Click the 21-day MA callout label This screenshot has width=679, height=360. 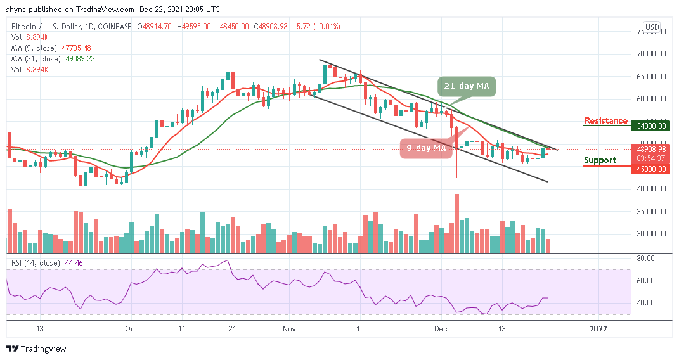click(x=465, y=86)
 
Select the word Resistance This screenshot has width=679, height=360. click(x=606, y=121)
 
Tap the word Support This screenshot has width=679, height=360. click(x=600, y=160)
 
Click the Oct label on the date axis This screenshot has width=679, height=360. click(x=131, y=329)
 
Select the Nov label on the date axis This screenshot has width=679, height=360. click(x=290, y=329)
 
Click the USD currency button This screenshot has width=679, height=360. click(x=651, y=28)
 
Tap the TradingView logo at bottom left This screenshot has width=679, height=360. click(x=36, y=349)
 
